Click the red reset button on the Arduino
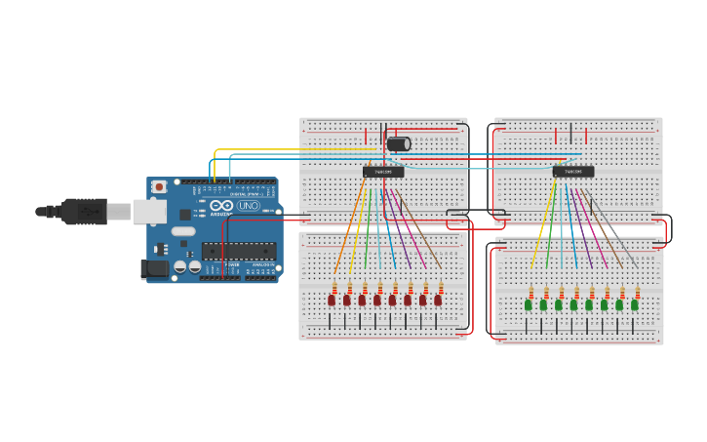tap(159, 185)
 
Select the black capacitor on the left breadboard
tap(398, 144)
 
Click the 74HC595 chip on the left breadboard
tap(383, 173)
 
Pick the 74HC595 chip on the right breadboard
tap(573, 173)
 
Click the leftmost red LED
tap(332, 301)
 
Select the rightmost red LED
tap(438, 301)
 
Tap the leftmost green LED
tap(528, 305)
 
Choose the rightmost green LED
tap(635, 305)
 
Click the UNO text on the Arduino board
tap(248, 206)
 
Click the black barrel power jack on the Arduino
tap(155, 268)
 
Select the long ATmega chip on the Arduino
tap(239, 251)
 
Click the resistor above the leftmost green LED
tap(530, 292)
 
